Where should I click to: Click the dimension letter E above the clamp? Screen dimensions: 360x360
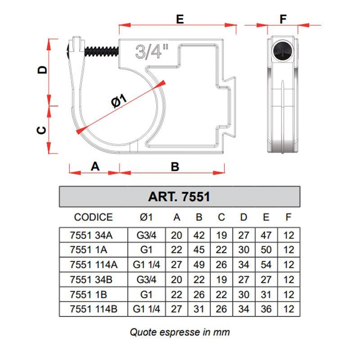click(x=180, y=19)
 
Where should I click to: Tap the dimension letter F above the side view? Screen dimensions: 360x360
click(x=283, y=19)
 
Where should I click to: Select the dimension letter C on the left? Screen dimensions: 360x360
click(x=41, y=130)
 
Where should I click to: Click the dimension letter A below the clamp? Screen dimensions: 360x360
click(x=95, y=166)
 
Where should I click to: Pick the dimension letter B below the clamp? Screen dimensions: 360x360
click(x=175, y=166)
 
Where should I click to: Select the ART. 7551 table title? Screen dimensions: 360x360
click(x=179, y=197)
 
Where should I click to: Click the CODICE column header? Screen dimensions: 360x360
click(x=93, y=217)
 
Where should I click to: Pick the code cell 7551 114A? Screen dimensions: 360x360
click(x=94, y=265)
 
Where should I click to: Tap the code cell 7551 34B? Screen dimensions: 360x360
click(x=94, y=280)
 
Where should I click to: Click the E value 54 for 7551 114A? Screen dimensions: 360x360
click(x=266, y=265)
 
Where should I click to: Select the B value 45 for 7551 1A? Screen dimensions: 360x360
click(x=199, y=249)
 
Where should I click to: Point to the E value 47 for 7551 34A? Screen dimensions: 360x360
click(x=266, y=234)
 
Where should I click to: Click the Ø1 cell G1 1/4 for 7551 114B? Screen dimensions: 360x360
click(x=147, y=310)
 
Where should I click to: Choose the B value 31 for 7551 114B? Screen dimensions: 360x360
click(x=199, y=310)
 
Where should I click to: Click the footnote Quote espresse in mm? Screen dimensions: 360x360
click(x=180, y=333)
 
